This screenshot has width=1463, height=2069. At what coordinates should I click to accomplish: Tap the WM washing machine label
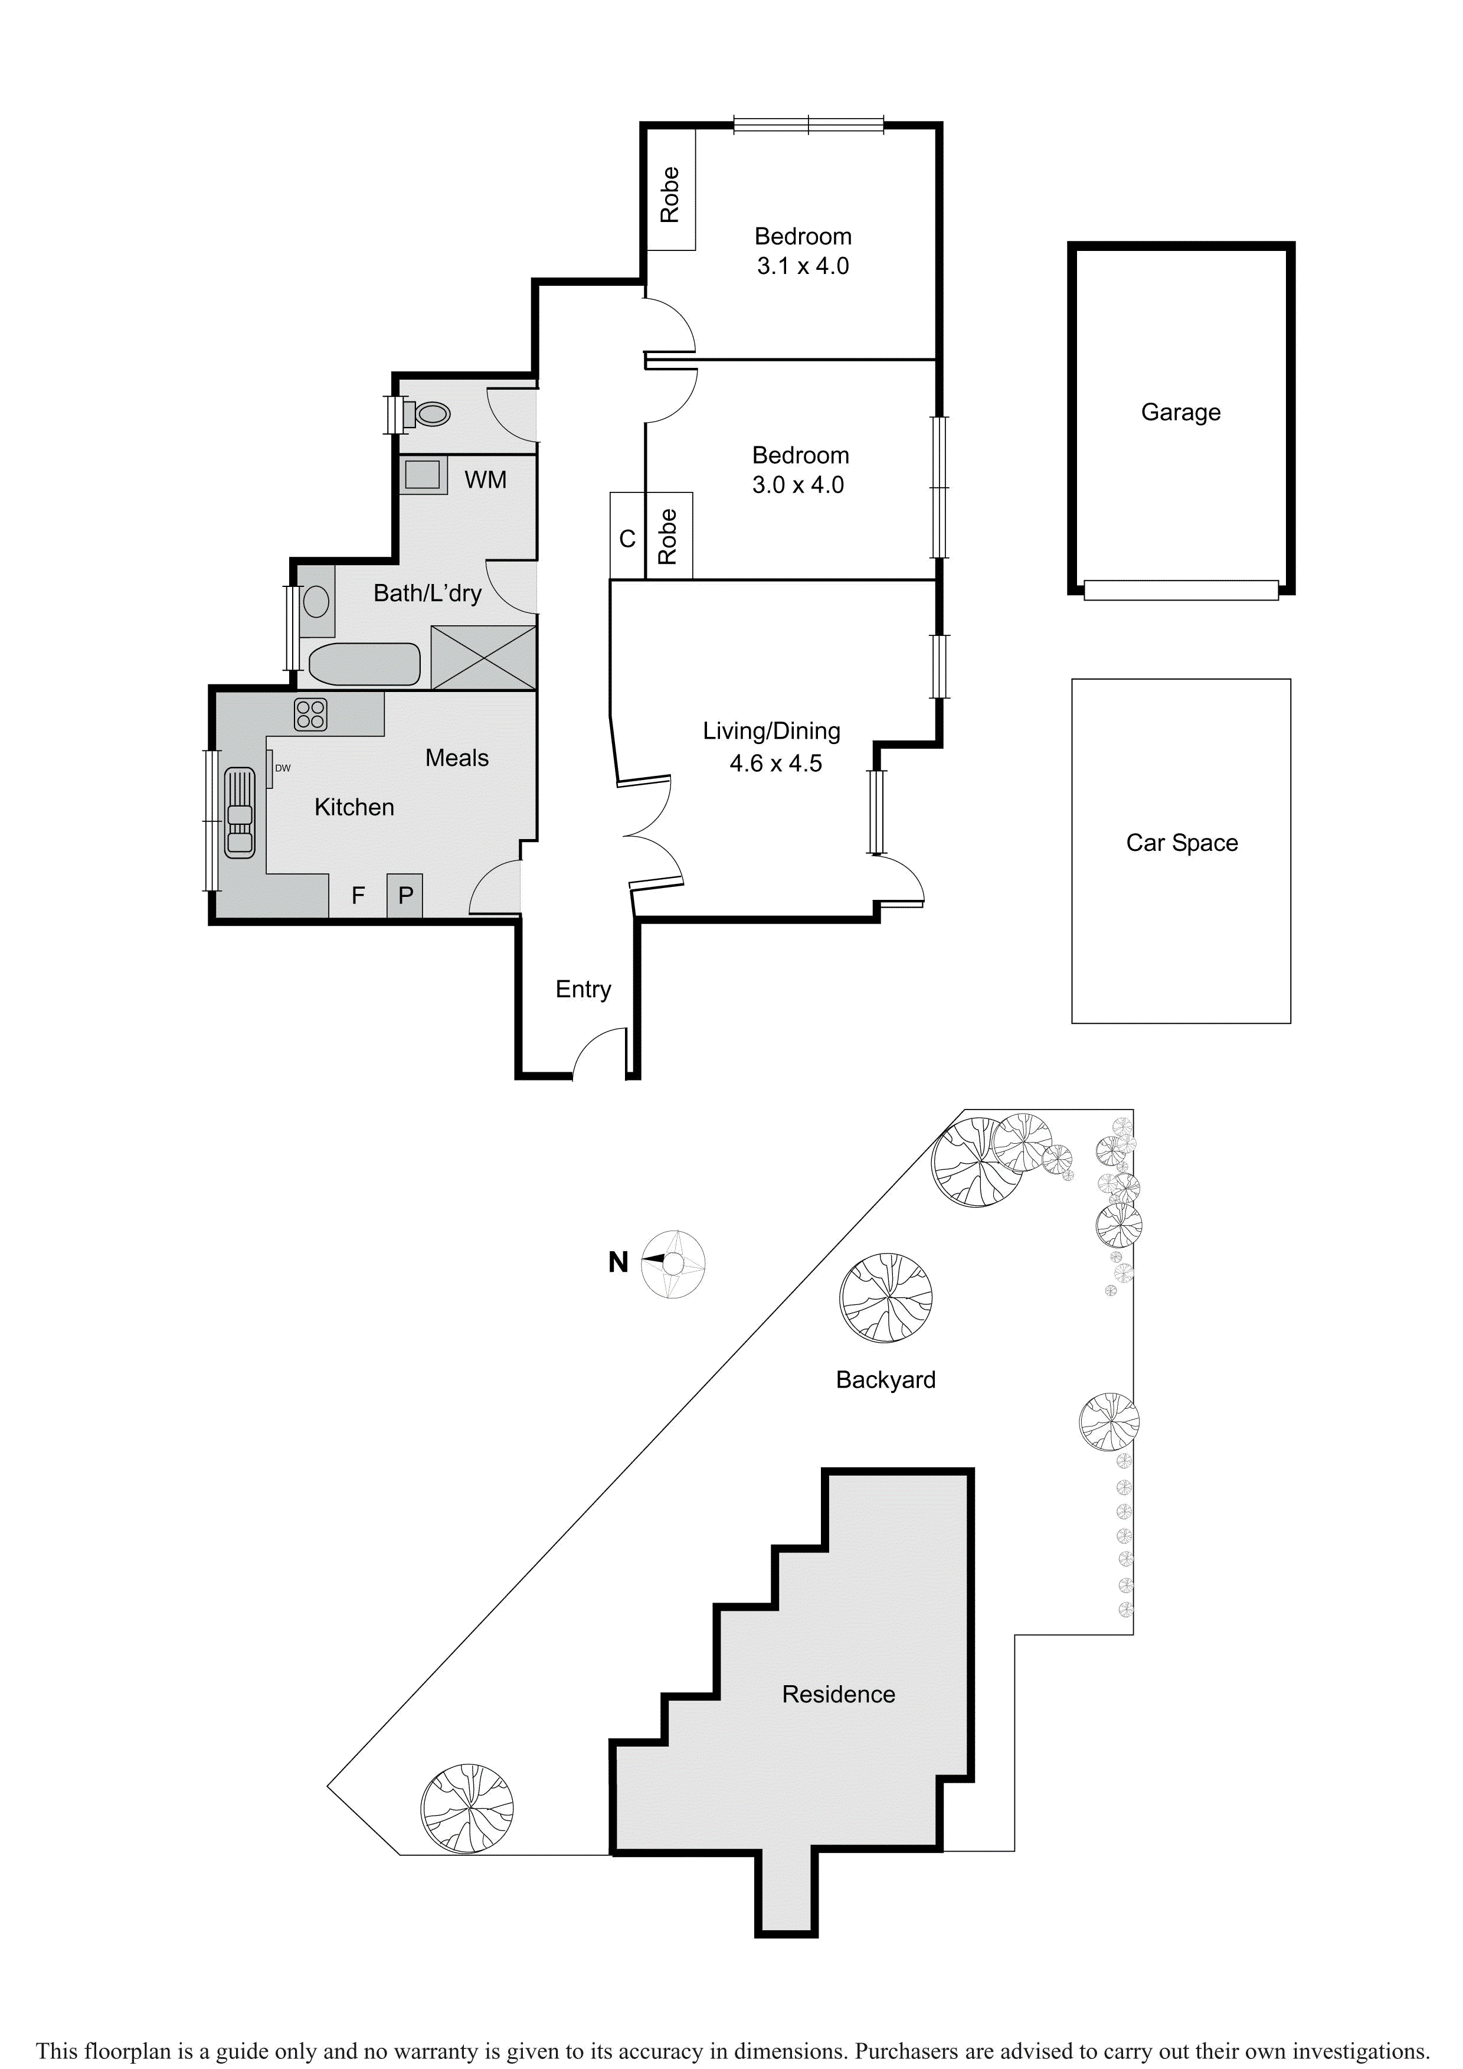(486, 480)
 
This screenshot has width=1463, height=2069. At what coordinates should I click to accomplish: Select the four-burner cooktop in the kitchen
(311, 714)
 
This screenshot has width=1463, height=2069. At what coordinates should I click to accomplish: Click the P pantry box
(405, 896)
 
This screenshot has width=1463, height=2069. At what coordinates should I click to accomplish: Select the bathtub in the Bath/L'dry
(365, 665)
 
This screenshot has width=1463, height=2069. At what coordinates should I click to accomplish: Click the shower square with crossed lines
(484, 658)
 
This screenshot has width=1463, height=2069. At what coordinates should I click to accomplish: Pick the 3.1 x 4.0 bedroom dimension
(803, 267)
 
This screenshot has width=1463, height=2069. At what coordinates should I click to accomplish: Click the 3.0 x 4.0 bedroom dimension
(798, 486)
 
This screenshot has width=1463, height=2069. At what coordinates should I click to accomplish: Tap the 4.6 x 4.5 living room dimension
(775, 764)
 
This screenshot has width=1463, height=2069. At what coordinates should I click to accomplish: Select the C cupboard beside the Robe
(628, 539)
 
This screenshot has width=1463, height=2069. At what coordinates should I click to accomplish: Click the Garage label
(1181, 413)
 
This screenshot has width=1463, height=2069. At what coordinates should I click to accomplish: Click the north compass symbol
(672, 1264)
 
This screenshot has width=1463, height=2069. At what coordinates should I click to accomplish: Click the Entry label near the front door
(583, 990)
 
